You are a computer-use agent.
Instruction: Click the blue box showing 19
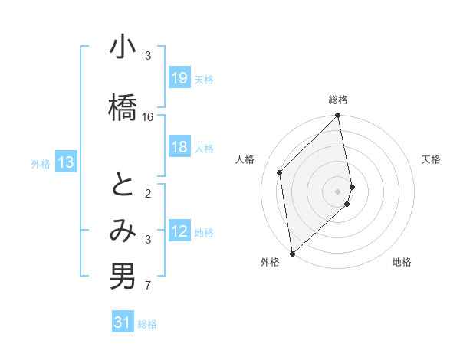[179, 78]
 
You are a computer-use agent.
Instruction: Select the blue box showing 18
[179, 147]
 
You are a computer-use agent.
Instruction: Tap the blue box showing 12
[179, 232]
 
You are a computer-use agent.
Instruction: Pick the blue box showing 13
[66, 162]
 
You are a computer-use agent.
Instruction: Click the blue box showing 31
[123, 322]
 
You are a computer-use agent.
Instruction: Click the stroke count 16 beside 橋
[148, 116]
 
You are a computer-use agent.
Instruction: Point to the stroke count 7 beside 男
[148, 286]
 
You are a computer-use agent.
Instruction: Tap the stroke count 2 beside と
[148, 195]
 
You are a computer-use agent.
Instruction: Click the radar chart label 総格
[338, 100]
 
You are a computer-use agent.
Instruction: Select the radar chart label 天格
[431, 159]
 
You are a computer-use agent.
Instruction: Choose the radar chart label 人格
[245, 159]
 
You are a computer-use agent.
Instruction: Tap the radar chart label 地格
[402, 263]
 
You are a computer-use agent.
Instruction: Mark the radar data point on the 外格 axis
[292, 254]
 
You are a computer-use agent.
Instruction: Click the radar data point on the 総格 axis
[338, 116]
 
